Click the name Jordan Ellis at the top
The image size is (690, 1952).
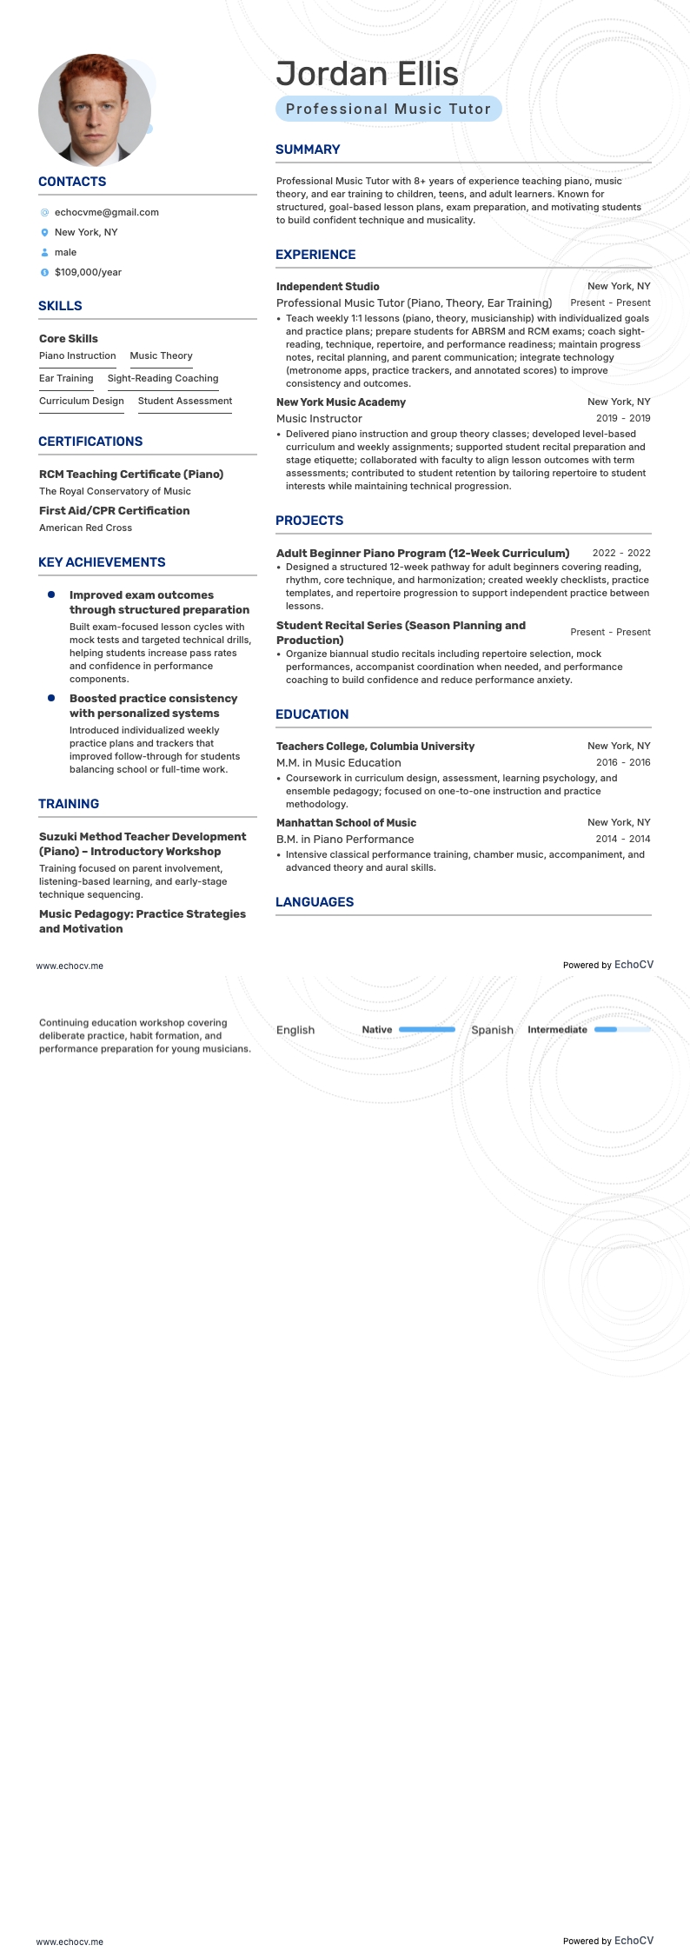click(x=367, y=75)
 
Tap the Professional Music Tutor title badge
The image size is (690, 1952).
click(x=388, y=110)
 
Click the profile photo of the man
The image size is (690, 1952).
click(x=95, y=110)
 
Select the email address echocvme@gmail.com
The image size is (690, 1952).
click(x=106, y=212)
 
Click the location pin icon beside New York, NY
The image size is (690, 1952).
click(x=44, y=233)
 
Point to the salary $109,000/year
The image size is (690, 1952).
click(x=88, y=272)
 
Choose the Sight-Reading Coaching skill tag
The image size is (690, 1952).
click(x=163, y=379)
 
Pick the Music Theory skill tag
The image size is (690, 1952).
click(x=161, y=356)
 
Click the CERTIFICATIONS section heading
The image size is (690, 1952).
click(x=90, y=442)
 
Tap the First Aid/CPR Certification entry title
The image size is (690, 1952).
click(x=114, y=511)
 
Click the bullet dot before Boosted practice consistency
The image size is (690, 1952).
click(x=51, y=698)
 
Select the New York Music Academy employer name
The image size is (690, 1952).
click(x=341, y=402)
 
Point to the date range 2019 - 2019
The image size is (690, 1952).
click(x=623, y=418)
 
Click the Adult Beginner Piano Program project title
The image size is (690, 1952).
click(x=422, y=554)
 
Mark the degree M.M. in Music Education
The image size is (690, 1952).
click(x=338, y=763)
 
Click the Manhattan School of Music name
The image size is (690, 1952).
click(x=346, y=823)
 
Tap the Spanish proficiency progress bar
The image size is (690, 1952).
click(x=621, y=1030)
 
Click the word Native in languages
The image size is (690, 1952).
click(x=376, y=1030)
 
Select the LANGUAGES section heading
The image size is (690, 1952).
click(x=315, y=902)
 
